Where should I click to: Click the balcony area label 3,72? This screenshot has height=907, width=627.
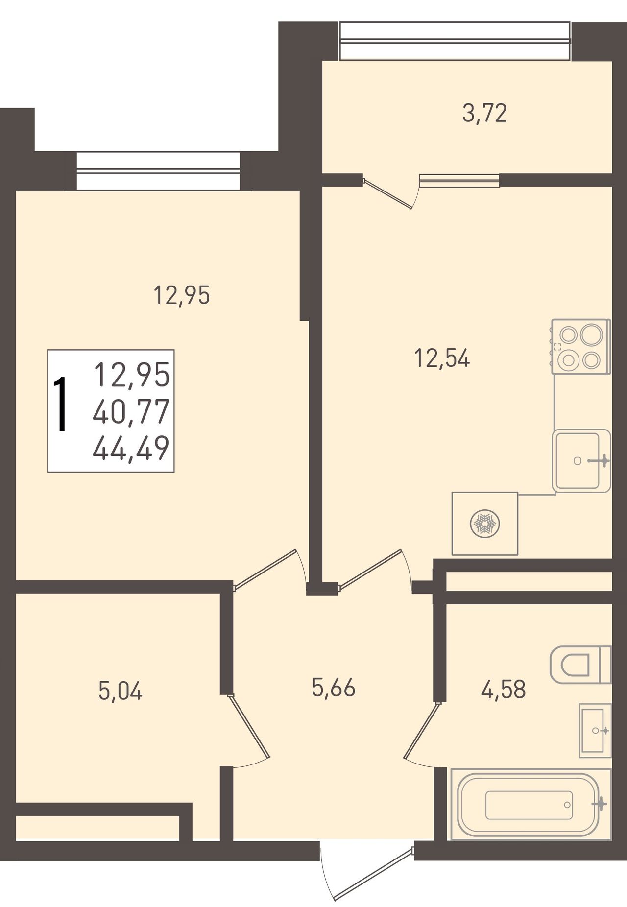pyautogui.click(x=484, y=114)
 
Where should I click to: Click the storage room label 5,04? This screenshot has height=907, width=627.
pyautogui.click(x=120, y=691)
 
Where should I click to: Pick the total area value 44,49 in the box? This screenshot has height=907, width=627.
pyautogui.click(x=131, y=448)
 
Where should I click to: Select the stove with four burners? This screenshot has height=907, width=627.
pyautogui.click(x=581, y=347)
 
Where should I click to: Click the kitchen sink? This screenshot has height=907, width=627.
pyautogui.click(x=581, y=461)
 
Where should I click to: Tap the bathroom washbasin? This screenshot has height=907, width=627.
pyautogui.click(x=595, y=731)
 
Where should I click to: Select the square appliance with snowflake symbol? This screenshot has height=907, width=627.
pyautogui.click(x=485, y=524)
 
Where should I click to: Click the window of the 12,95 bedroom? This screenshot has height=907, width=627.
pyautogui.click(x=158, y=171)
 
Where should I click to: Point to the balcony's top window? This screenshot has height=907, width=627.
pyautogui.click(x=455, y=41)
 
